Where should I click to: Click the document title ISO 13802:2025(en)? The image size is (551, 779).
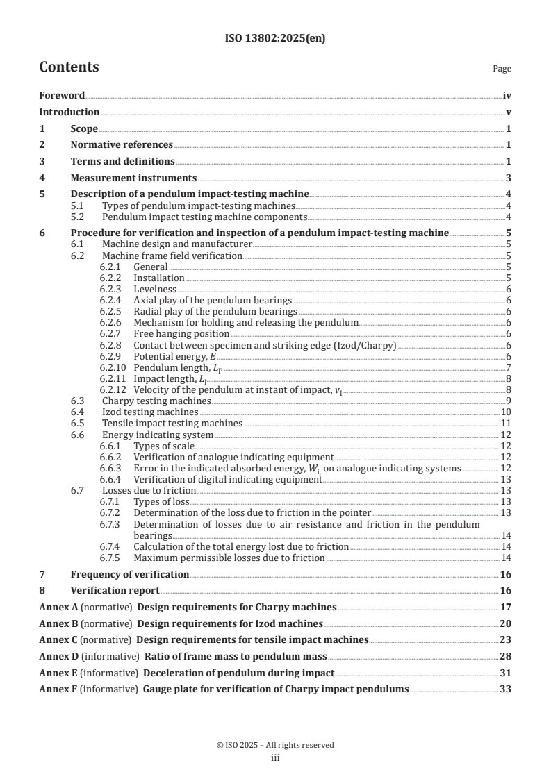pyautogui.click(x=275, y=39)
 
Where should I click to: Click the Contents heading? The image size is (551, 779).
pyautogui.click(x=69, y=67)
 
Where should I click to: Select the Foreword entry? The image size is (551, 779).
pyautogui.click(x=62, y=96)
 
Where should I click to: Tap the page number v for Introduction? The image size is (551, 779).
pyautogui.click(x=509, y=112)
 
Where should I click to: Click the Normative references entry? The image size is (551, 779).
pyautogui.click(x=122, y=144)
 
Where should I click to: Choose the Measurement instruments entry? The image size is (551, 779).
pyautogui.click(x=133, y=178)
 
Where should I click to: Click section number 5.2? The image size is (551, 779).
pyautogui.click(x=81, y=217)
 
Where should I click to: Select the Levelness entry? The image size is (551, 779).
pyautogui.click(x=155, y=289)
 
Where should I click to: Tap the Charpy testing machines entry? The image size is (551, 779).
pyautogui.click(x=156, y=401)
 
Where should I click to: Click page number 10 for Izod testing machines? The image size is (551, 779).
pyautogui.click(x=507, y=412)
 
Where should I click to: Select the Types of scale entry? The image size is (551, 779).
pyautogui.click(x=164, y=446)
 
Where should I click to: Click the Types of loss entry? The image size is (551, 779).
pyautogui.click(x=161, y=501)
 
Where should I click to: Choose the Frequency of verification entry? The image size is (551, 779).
pyautogui.click(x=129, y=574)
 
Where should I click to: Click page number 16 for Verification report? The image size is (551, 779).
pyautogui.click(x=506, y=590)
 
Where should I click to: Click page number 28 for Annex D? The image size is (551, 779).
pyautogui.click(x=506, y=656)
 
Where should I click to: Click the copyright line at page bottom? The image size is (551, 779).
pyautogui.click(x=275, y=745)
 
